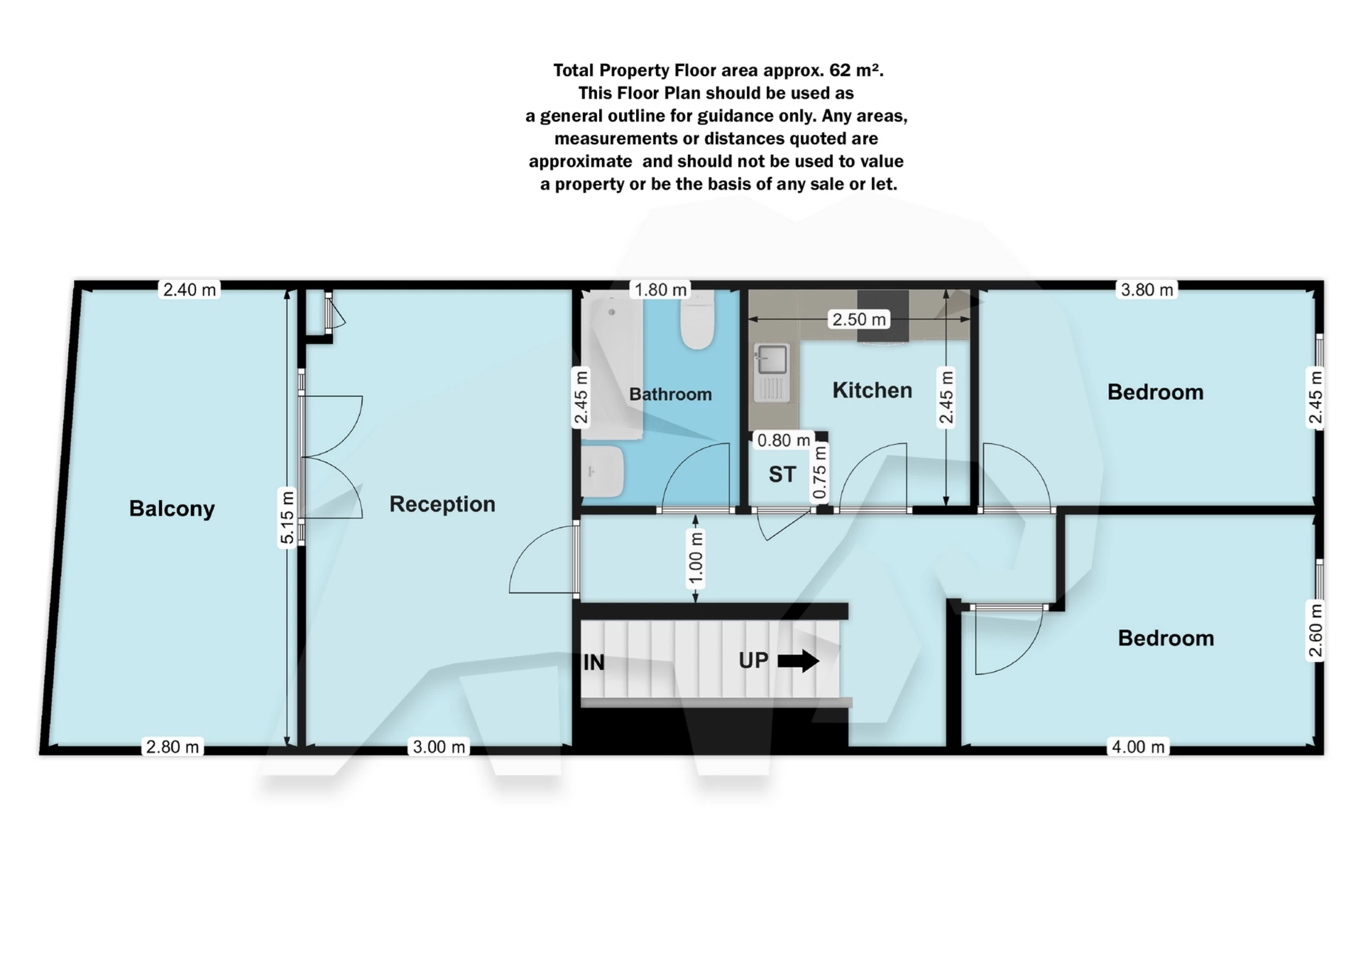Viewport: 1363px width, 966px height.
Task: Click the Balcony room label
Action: click(x=172, y=509)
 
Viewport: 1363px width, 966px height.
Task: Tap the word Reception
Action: click(x=442, y=504)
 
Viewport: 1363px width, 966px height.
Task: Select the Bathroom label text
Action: click(x=670, y=394)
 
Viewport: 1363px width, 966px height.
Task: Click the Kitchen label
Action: click(x=872, y=390)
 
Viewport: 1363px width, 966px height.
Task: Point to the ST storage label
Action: click(x=782, y=474)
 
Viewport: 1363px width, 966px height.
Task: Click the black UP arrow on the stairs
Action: click(x=799, y=661)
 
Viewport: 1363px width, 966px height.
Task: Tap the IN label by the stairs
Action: click(x=593, y=663)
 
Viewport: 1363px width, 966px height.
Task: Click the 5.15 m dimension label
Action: click(x=287, y=517)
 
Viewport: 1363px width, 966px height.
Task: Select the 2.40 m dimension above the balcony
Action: click(x=190, y=290)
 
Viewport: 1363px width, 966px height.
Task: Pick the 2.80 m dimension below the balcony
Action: click(x=173, y=747)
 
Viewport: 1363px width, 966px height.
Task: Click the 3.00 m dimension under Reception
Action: click(x=439, y=747)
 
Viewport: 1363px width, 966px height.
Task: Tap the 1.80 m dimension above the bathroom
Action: click(x=661, y=290)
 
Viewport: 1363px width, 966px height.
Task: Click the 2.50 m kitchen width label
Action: click(x=859, y=320)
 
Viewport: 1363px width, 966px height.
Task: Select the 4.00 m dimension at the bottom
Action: click(x=1138, y=747)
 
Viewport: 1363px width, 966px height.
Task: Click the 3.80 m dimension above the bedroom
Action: click(x=1147, y=290)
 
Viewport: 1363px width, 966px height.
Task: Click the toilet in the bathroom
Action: click(x=697, y=320)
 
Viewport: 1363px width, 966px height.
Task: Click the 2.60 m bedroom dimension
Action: click(x=1315, y=631)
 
